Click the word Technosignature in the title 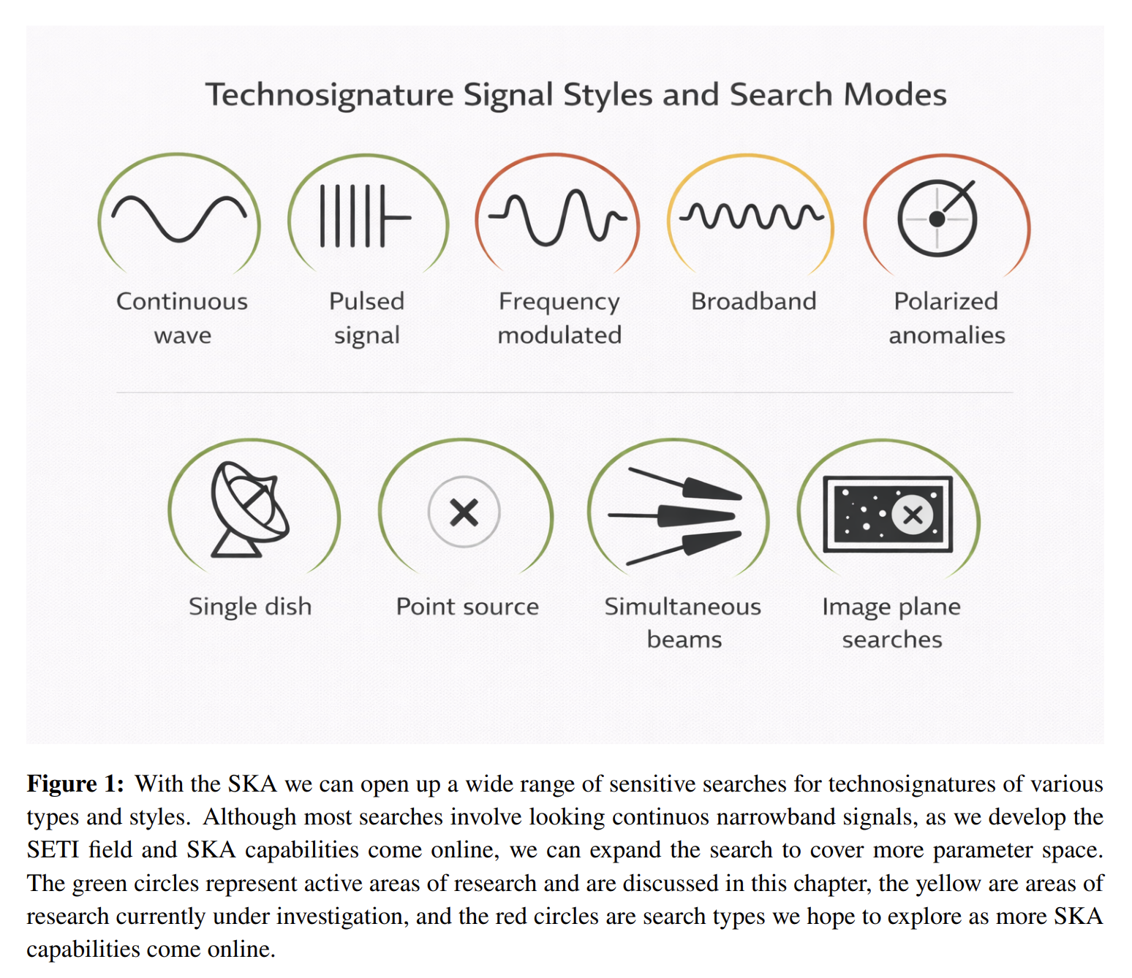point(329,96)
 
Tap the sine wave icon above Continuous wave point(179,219)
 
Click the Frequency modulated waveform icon point(557,217)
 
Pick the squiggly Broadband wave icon point(751,215)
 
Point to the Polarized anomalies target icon point(937,219)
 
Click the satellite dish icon point(250,509)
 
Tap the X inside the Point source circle point(464,513)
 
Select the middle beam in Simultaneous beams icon point(671,515)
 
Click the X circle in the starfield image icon point(913,515)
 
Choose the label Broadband point(754,301)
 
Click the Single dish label point(250,607)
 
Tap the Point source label point(467,607)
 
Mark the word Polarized point(946,301)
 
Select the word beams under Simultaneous point(684,640)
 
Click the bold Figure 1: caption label point(75,784)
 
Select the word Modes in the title point(895,95)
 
